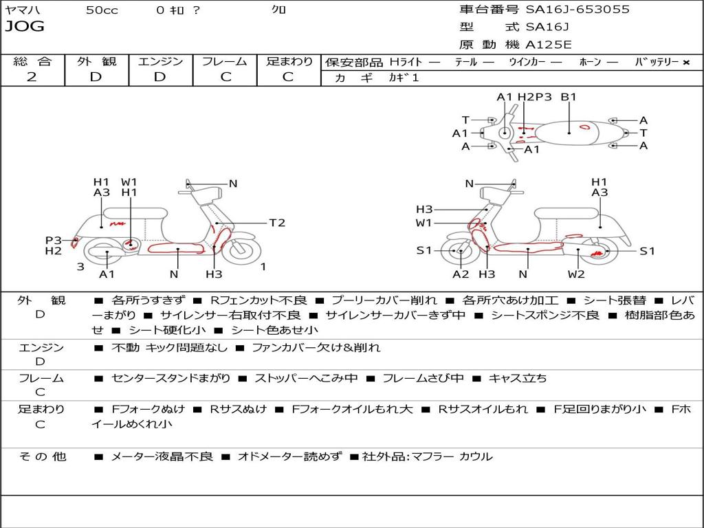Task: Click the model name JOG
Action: tap(25, 27)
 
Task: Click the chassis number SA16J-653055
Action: tap(577, 10)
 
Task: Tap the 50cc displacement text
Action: tap(102, 10)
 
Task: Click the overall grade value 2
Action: tap(32, 77)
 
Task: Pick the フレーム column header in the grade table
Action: tap(225, 61)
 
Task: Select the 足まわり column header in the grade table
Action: tap(289, 61)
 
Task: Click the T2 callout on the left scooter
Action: tap(277, 223)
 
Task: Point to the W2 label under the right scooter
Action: tap(576, 274)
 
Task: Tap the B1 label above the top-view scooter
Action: tap(569, 96)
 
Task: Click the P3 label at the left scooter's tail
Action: tap(54, 240)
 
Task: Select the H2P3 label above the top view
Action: tap(534, 96)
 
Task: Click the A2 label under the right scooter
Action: tap(461, 274)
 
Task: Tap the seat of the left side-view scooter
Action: tap(135, 213)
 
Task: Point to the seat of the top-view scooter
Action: tap(567, 133)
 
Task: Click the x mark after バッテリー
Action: tap(686, 63)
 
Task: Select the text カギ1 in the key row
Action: tap(404, 78)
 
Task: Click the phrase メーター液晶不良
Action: tap(162, 456)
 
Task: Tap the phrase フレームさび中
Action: tap(423, 378)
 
